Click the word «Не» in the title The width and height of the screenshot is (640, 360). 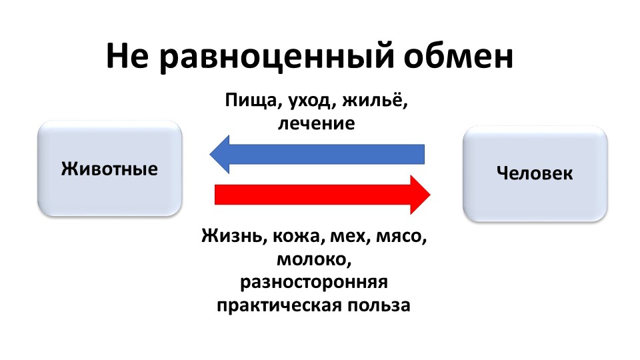tap(127, 55)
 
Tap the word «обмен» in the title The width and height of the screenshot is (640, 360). tap(459, 56)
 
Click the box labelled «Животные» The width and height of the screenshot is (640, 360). tap(109, 168)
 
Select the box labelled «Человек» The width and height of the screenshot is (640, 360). tap(535, 173)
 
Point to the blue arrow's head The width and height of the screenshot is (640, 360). tap(219, 154)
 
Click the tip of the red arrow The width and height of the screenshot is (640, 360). tap(430, 195)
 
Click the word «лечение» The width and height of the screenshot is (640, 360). tap(316, 123)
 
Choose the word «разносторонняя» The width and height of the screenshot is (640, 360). tap(314, 283)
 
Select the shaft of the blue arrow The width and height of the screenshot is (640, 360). tap(327, 154)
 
